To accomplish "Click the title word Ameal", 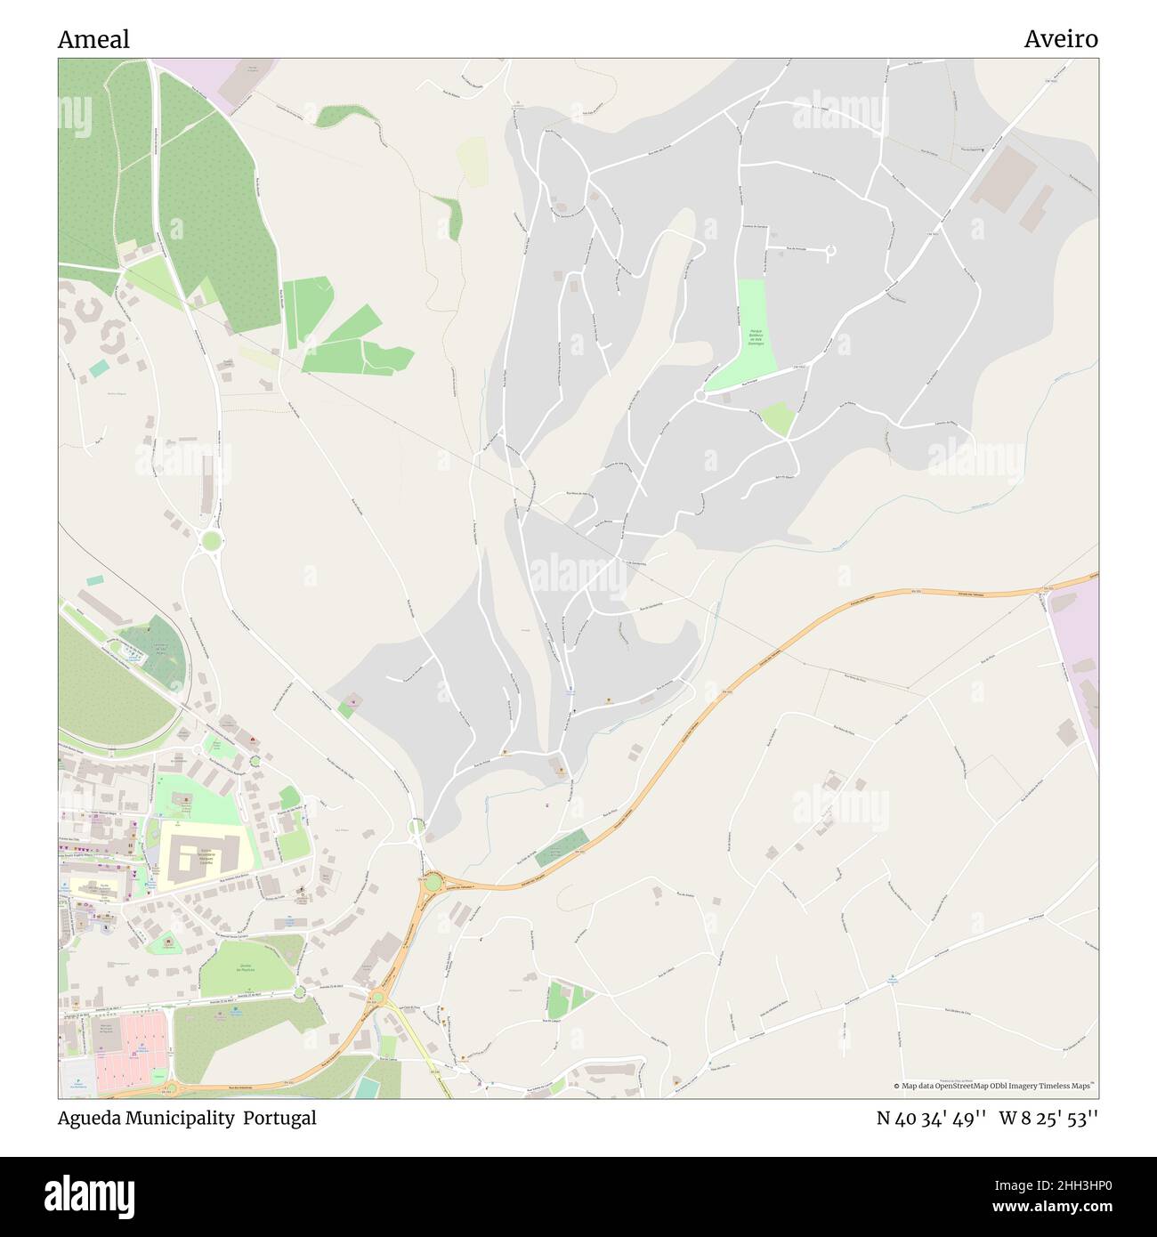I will (x=93, y=39).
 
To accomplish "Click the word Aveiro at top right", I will (x=1060, y=39).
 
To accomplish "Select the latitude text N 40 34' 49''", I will (x=930, y=1118).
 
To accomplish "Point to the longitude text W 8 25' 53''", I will (x=1048, y=1118).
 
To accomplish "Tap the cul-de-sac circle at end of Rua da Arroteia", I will (x=831, y=253).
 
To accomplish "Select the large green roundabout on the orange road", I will (x=433, y=882).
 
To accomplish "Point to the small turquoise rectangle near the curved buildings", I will (x=99, y=368).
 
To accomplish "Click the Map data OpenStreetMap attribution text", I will (x=995, y=1086).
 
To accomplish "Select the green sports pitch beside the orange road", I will (x=562, y=847).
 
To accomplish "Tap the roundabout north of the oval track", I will (x=211, y=539).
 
